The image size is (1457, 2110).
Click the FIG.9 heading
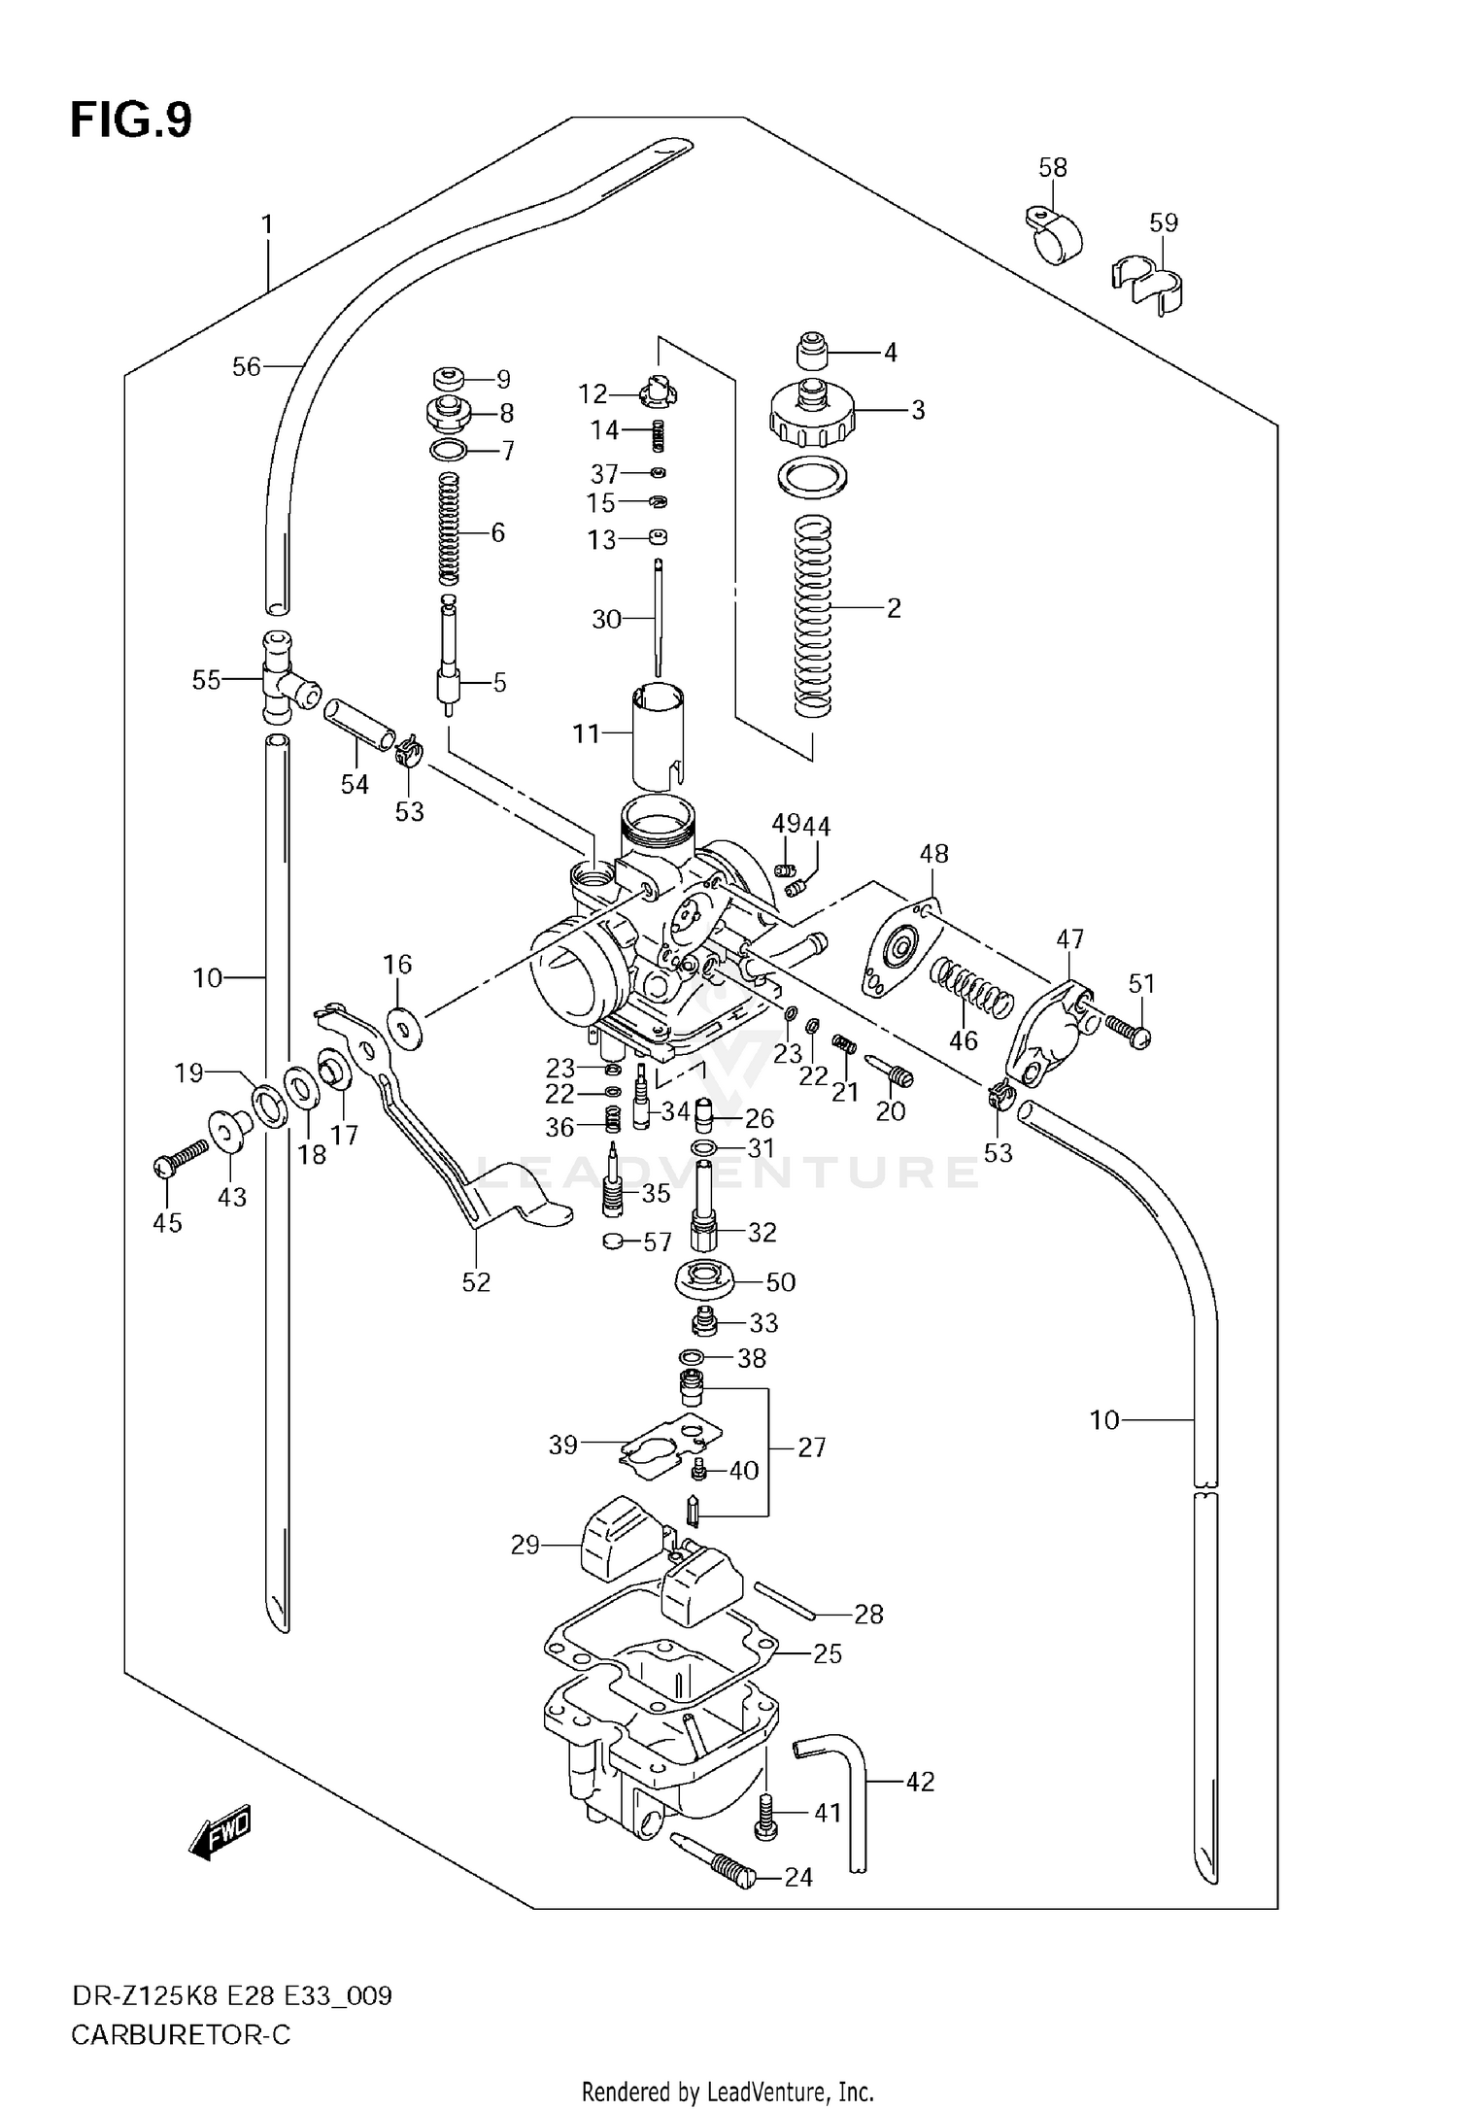point(131,120)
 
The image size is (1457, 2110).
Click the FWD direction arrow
point(220,1832)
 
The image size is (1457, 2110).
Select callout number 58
point(1052,167)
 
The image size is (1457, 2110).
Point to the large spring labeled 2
point(814,617)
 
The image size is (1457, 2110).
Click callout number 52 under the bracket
point(476,1282)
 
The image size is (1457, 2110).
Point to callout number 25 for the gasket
point(827,1653)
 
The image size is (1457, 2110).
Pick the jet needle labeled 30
point(658,617)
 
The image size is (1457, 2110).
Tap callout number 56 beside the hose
point(246,367)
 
